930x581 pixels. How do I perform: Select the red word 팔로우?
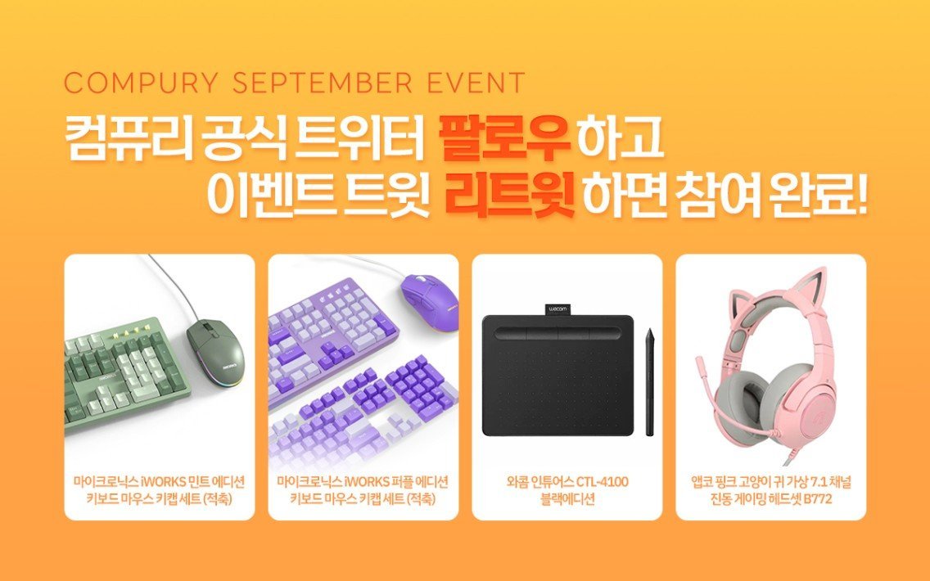pos(503,140)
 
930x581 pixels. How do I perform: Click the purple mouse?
pos(428,294)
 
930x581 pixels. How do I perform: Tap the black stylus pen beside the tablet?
pos(649,381)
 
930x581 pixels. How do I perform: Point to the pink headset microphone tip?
pos(700,360)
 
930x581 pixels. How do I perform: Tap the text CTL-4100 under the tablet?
pos(602,482)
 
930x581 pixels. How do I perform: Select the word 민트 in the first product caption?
pos(192,482)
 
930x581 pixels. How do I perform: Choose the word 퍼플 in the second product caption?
pos(396,482)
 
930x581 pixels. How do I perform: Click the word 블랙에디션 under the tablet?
pos(567,499)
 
